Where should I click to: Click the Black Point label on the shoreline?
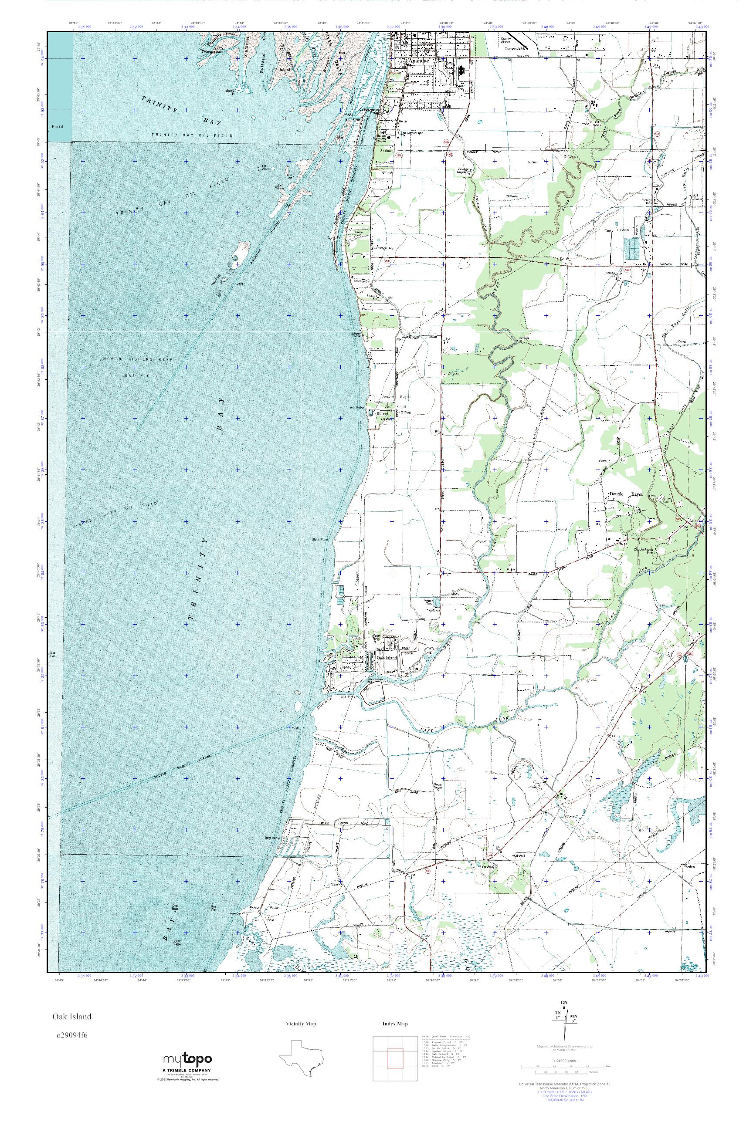click(320, 540)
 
